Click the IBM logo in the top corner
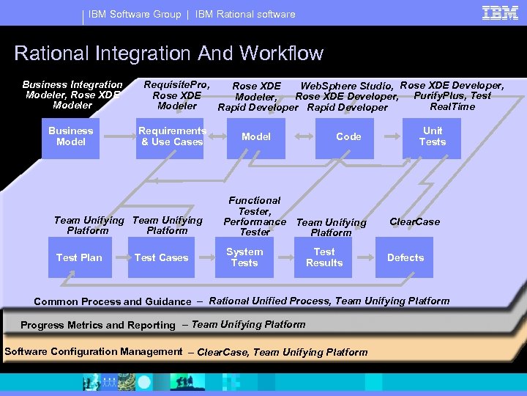500,12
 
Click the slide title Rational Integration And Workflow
168,54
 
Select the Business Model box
71,136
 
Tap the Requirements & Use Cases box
172,136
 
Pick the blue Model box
255,136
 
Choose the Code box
348,136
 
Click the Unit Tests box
432,136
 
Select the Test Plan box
79,257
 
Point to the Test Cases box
161,257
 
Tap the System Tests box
244,257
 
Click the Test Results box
324,257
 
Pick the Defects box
405,257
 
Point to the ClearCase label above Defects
414,221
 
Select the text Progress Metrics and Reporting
98,325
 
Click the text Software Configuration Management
93,351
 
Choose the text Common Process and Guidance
112,301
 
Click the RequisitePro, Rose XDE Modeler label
177,95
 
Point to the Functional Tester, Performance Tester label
255,216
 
